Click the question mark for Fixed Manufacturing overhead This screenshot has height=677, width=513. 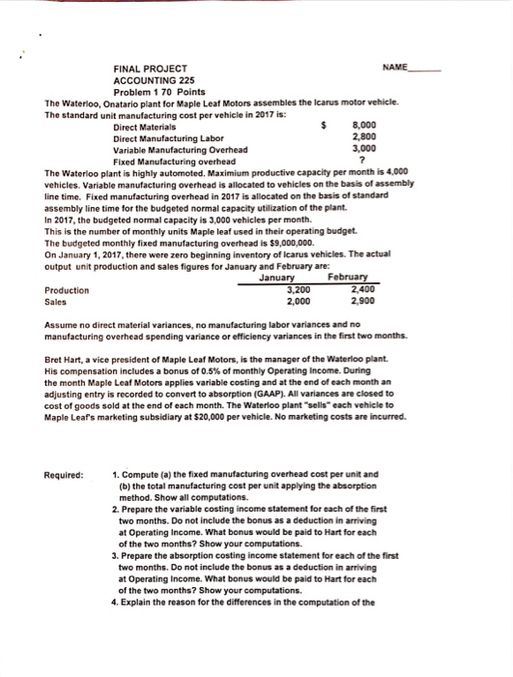click(x=361, y=161)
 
